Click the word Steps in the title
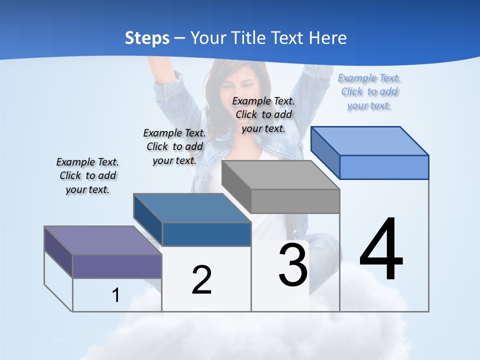[x=147, y=38]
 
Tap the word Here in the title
[x=327, y=38]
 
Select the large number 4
[x=381, y=250]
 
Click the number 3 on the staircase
[x=293, y=265]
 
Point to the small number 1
[x=116, y=295]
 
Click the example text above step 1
[x=87, y=175]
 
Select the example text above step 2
[x=174, y=146]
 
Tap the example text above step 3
[x=263, y=114]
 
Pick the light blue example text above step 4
[x=369, y=91]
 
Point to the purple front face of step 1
[x=117, y=266]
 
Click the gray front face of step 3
[x=295, y=201]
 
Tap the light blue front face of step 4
[x=384, y=167]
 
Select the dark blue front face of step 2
[x=206, y=234]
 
